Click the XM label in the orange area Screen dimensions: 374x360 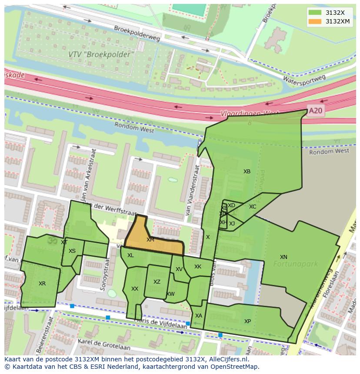[x=150, y=240]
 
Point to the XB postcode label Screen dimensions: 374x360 [x=247, y=172]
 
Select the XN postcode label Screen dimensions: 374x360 [x=283, y=257]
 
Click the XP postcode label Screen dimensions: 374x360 [x=247, y=321]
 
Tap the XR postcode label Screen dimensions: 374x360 [x=42, y=284]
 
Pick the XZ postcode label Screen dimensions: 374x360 [x=157, y=282]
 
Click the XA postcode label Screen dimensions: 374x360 [x=199, y=316]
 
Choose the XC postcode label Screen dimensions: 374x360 [x=253, y=207]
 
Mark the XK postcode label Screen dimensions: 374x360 [x=198, y=267]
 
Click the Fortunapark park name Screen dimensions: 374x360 [x=296, y=264]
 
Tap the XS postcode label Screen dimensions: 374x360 [x=72, y=251]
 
